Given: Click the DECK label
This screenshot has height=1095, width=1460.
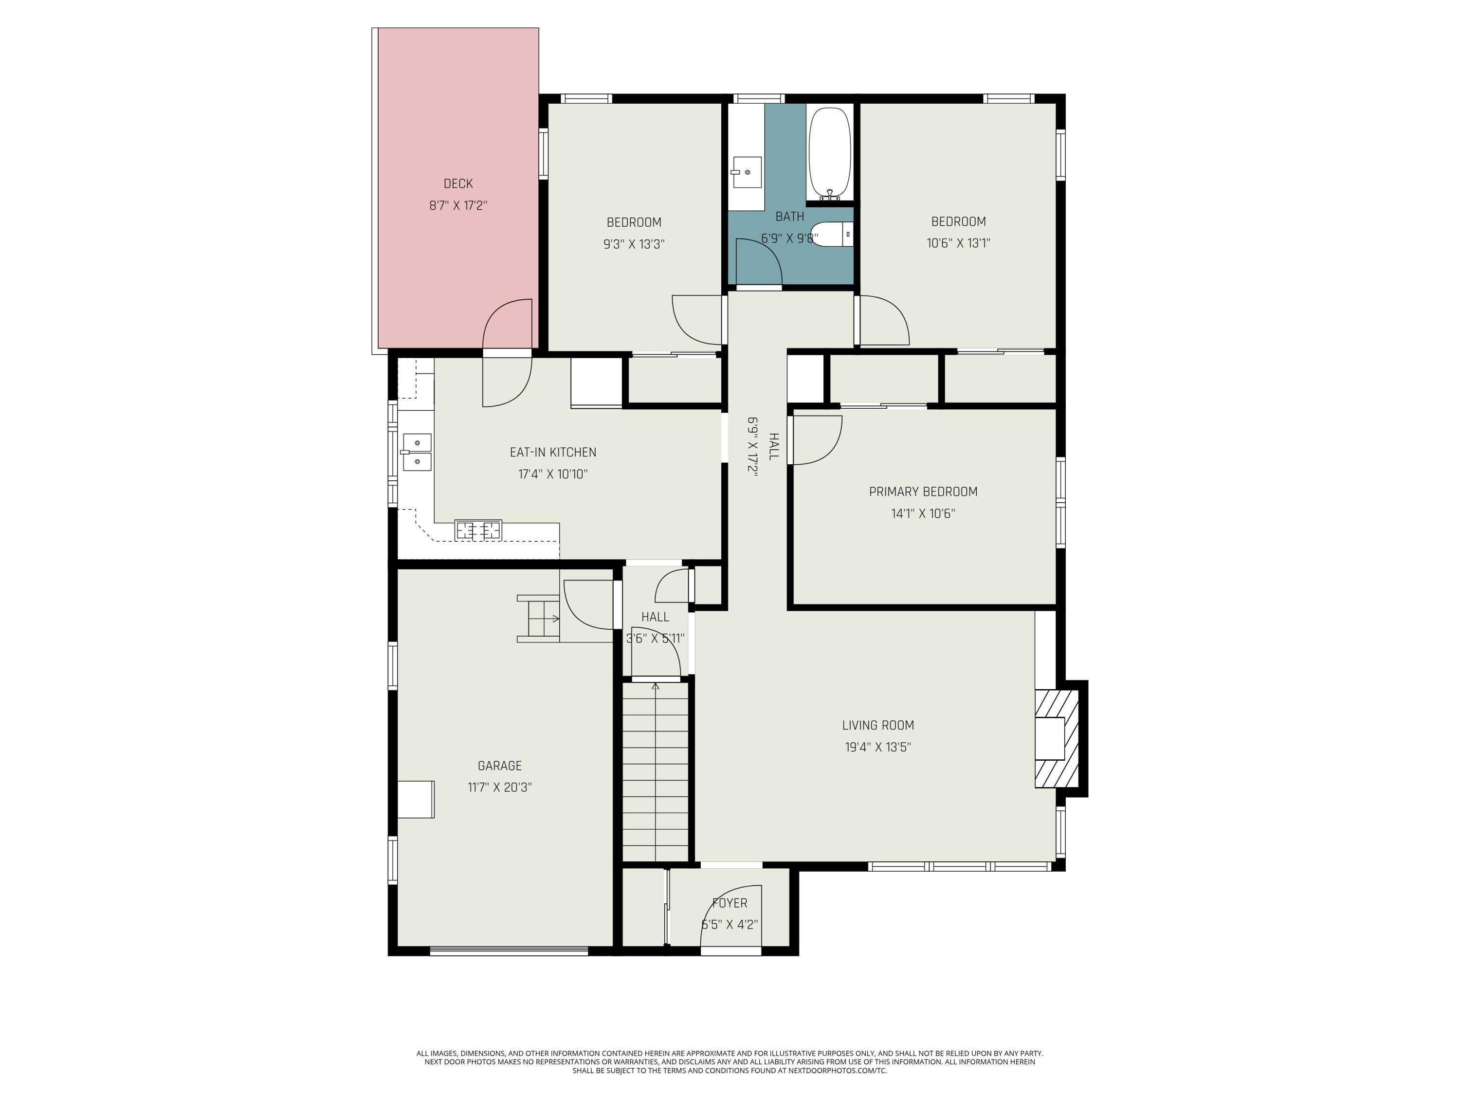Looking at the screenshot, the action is pyautogui.click(x=458, y=183).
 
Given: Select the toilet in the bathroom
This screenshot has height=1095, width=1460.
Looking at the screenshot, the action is pyautogui.click(x=832, y=234).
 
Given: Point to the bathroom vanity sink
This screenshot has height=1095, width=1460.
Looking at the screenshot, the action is pyautogui.click(x=747, y=172).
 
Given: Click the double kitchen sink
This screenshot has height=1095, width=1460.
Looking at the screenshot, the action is pyautogui.click(x=417, y=452).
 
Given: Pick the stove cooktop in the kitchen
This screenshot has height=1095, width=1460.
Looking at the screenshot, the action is pyautogui.click(x=478, y=530).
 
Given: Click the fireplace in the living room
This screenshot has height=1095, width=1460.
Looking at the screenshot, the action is pyautogui.click(x=1057, y=739).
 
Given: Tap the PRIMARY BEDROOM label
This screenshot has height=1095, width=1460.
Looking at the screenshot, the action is pyautogui.click(x=923, y=492).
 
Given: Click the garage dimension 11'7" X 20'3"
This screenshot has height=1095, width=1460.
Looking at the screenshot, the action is pyautogui.click(x=500, y=787).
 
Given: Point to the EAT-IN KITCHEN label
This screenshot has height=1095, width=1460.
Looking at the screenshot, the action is pyautogui.click(x=553, y=452).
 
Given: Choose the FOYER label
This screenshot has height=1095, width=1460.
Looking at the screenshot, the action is pyautogui.click(x=730, y=903).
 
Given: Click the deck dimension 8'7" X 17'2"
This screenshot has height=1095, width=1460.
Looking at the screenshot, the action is pyautogui.click(x=458, y=205).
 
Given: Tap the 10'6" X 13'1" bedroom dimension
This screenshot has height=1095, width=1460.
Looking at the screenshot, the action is pyautogui.click(x=958, y=243).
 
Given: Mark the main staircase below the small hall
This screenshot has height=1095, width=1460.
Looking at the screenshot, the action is pyautogui.click(x=656, y=772).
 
